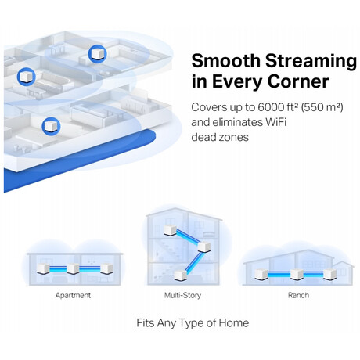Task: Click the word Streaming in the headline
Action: (x=311, y=62)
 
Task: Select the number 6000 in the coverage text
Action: (x=270, y=107)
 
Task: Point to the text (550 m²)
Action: (x=322, y=107)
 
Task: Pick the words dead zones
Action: (x=220, y=137)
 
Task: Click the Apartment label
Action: (x=73, y=296)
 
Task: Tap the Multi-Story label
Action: (x=182, y=295)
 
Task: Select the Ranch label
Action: (x=298, y=295)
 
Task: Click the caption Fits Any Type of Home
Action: (x=193, y=323)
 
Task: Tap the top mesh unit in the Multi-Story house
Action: (x=171, y=231)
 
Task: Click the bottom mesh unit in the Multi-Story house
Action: (x=181, y=275)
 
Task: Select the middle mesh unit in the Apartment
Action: (x=73, y=268)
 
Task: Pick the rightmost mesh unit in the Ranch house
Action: (x=329, y=275)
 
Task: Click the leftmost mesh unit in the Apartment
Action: (x=43, y=268)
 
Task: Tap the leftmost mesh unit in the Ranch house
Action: (x=261, y=275)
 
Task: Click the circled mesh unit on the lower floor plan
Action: (x=51, y=126)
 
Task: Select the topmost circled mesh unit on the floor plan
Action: (x=97, y=54)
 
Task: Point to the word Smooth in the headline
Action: (x=226, y=60)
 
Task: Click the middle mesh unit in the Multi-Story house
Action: (x=204, y=247)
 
